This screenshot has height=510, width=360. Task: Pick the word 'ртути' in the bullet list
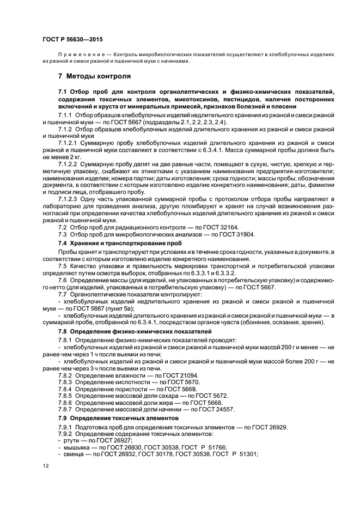coord(71,440)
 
